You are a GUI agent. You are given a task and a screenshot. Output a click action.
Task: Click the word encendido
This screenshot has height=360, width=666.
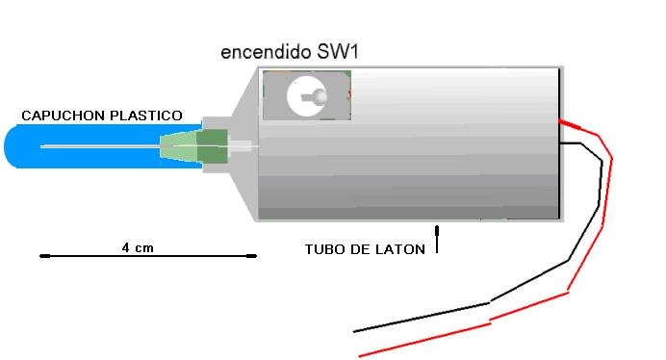pyautogui.click(x=266, y=52)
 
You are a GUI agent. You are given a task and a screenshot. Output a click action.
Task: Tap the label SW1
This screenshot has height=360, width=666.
pyautogui.click(x=338, y=51)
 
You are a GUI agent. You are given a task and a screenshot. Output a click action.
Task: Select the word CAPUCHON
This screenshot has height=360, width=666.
pyautogui.click(x=63, y=116)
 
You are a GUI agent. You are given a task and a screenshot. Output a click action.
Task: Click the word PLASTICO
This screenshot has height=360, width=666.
pyautogui.click(x=146, y=116)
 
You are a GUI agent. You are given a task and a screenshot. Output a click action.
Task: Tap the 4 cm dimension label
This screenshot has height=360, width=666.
pyautogui.click(x=138, y=247)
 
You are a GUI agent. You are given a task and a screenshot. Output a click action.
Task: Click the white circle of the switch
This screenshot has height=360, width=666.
pyautogui.click(x=307, y=96)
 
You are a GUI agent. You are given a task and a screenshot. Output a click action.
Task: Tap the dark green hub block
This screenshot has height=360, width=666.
pyautogui.click(x=213, y=147)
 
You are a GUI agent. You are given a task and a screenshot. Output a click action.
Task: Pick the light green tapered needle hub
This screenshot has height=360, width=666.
pyautogui.click(x=179, y=146)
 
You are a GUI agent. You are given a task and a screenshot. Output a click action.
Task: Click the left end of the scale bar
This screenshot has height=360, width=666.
pyautogui.click(x=41, y=256)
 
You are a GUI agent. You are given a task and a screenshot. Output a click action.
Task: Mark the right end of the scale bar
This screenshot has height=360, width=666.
pyautogui.click(x=255, y=256)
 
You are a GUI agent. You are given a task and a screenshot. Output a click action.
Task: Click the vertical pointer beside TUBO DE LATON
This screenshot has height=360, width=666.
pyautogui.click(x=437, y=240)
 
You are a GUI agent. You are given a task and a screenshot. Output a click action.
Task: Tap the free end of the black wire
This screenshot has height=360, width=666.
pyautogui.click(x=354, y=331)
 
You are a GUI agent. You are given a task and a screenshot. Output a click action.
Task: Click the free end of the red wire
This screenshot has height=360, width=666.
pyautogui.click(x=360, y=356)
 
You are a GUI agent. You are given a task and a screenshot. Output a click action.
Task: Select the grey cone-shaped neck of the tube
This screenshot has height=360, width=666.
pyautogui.click(x=244, y=144)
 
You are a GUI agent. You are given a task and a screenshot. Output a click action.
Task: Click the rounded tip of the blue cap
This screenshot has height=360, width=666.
pyautogui.click(x=5, y=146)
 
